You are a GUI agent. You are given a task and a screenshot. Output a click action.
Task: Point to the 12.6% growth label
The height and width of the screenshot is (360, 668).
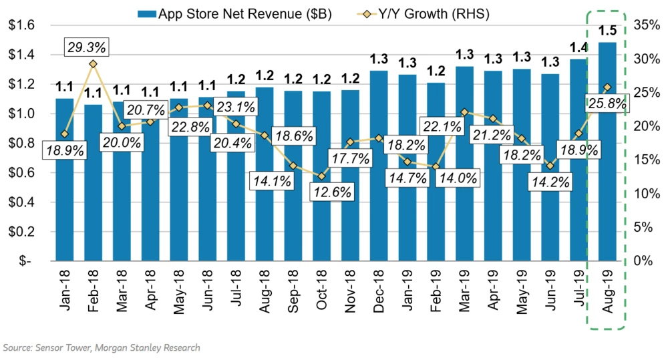(331, 192)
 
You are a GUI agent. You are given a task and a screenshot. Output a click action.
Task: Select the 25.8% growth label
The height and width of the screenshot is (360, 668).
(607, 104)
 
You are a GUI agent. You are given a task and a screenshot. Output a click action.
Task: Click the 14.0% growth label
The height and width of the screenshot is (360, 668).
(458, 178)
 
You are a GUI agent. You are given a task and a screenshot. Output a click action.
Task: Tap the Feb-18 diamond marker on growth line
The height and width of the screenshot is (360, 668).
(93, 64)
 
